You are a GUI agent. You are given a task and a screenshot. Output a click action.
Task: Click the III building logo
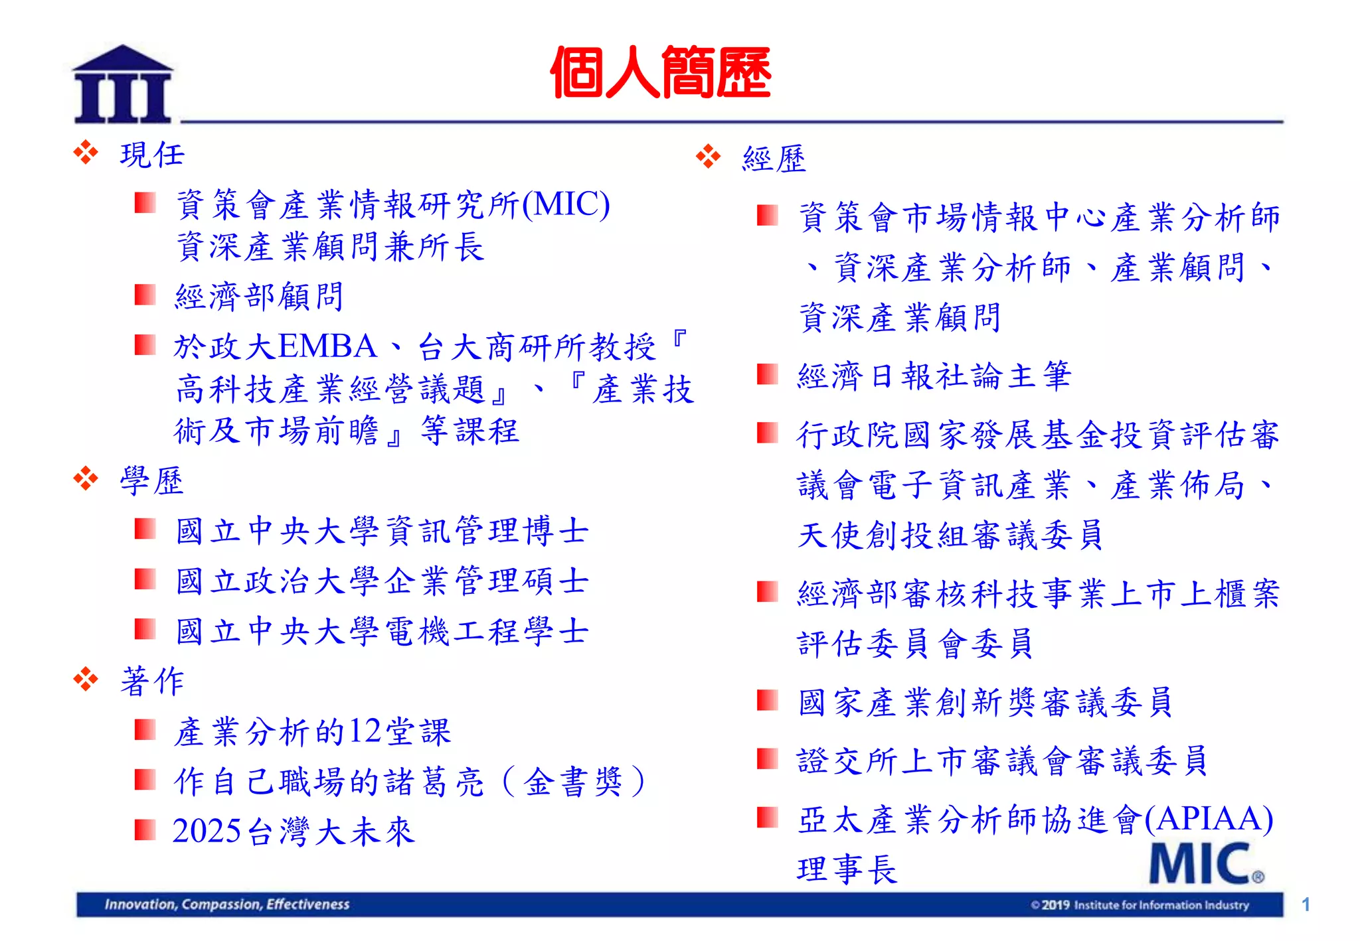[x=122, y=85]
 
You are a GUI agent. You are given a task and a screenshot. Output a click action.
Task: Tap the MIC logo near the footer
[x=1205, y=863]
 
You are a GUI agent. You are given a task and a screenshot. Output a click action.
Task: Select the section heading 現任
[x=151, y=155]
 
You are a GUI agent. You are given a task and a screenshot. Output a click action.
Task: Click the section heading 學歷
[x=151, y=480]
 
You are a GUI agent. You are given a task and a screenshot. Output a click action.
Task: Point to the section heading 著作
[x=151, y=681]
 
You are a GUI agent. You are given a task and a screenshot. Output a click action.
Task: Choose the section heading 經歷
[x=774, y=159]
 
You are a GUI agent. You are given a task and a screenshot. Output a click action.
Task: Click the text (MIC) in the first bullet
[x=566, y=204]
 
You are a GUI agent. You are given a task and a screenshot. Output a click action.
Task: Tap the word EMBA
[x=327, y=346]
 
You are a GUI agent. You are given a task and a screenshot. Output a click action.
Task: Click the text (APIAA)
[x=1209, y=818]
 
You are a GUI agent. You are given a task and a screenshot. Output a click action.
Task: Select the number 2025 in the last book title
[x=207, y=831]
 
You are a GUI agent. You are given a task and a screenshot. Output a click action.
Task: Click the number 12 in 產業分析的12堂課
[x=366, y=731]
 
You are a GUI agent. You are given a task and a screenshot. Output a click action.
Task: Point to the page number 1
[x=1306, y=905]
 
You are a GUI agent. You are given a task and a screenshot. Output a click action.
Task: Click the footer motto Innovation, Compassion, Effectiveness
[x=226, y=905]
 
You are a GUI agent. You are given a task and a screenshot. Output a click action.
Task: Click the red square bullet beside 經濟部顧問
[x=144, y=295]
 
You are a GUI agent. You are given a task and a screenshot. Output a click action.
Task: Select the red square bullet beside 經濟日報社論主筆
[x=767, y=374]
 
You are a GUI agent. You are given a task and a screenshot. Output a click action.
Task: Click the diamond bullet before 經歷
[x=708, y=157]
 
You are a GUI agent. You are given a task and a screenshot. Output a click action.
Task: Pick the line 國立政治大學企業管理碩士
[x=382, y=581]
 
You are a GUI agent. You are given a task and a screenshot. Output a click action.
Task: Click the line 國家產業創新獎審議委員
[x=985, y=702]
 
